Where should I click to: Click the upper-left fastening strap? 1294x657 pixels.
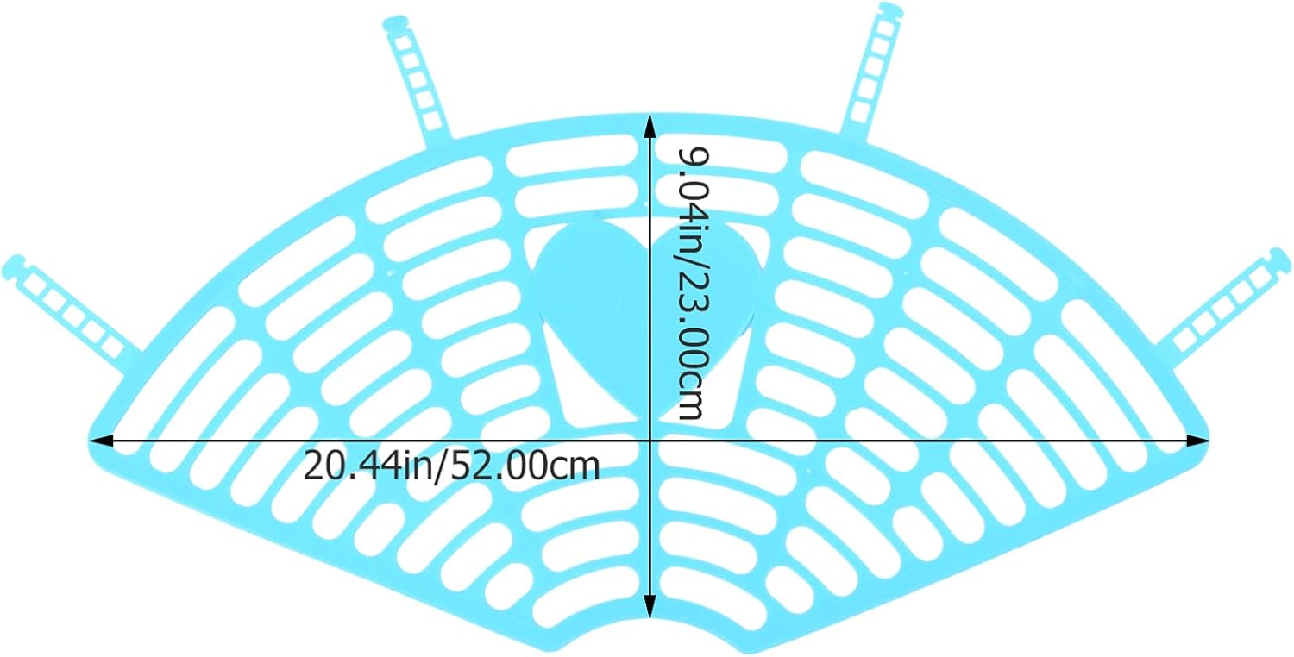(x=418, y=82)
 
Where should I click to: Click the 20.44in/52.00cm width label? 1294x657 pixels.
(x=451, y=466)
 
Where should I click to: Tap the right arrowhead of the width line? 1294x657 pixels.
(x=1200, y=441)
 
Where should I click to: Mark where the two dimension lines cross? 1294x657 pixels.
(x=649, y=441)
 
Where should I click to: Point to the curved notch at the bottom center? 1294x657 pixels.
(x=649, y=634)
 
